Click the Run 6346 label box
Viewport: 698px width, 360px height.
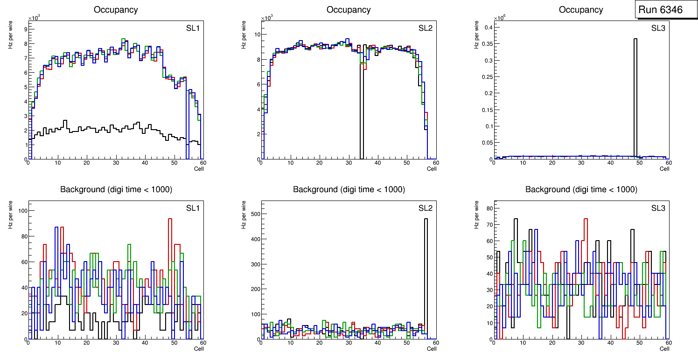(660, 10)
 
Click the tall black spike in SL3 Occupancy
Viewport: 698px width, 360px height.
(635, 93)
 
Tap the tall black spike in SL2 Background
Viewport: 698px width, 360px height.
(426, 275)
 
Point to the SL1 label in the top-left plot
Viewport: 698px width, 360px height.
(193, 28)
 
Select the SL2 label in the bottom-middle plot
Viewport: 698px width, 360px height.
(425, 208)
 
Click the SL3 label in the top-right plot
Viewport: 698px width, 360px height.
(658, 28)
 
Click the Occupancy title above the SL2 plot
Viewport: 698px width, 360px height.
(349, 10)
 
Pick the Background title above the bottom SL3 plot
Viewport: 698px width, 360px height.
(581, 189)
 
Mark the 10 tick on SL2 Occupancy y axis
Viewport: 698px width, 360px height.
(256, 35)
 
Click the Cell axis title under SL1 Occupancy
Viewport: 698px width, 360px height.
(199, 169)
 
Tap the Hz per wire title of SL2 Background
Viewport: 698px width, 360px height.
(244, 214)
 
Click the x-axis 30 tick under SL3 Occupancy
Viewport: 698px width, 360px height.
(581, 163)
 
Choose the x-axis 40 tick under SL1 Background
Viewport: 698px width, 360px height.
(145, 343)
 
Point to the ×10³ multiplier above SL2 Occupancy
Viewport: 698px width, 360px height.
(266, 18)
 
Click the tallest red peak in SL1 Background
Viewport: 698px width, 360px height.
(170, 219)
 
